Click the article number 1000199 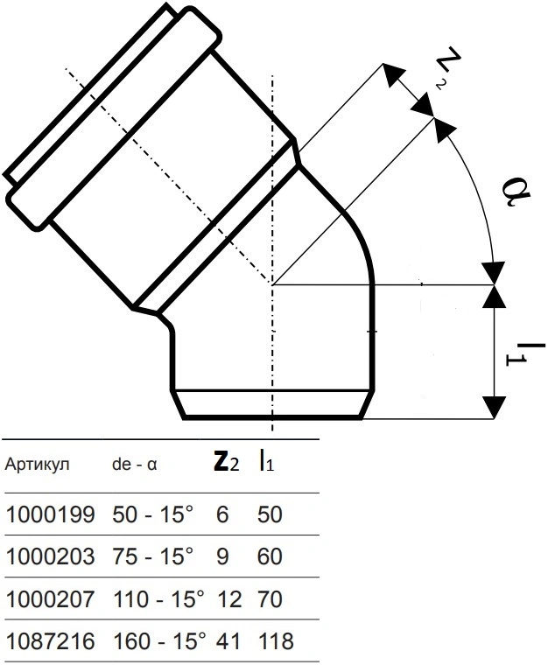50,514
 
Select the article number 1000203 50,556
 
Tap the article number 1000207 50,599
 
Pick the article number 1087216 50,640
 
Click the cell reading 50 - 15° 152,514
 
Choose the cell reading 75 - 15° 152,556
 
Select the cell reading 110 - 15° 159,599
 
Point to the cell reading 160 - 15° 159,640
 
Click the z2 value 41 228,640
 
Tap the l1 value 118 276,640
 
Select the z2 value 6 222,514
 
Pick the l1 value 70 270,599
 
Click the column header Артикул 37,465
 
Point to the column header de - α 135,465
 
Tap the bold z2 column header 226,463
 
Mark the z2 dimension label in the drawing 447,68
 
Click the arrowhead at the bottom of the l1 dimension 494,407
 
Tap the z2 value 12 229,599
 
